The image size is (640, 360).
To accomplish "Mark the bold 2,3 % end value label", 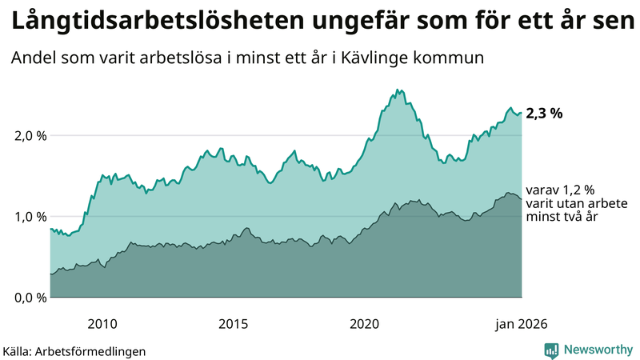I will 544,114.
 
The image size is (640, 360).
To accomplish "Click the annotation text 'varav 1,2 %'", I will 560,190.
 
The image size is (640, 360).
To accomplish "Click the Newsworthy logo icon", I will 551,350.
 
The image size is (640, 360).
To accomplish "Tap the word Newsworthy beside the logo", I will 597,350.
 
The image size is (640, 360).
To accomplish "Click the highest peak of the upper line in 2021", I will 398,90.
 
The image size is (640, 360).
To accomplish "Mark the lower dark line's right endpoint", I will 522,198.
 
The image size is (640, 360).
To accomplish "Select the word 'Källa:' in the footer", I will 23,350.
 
